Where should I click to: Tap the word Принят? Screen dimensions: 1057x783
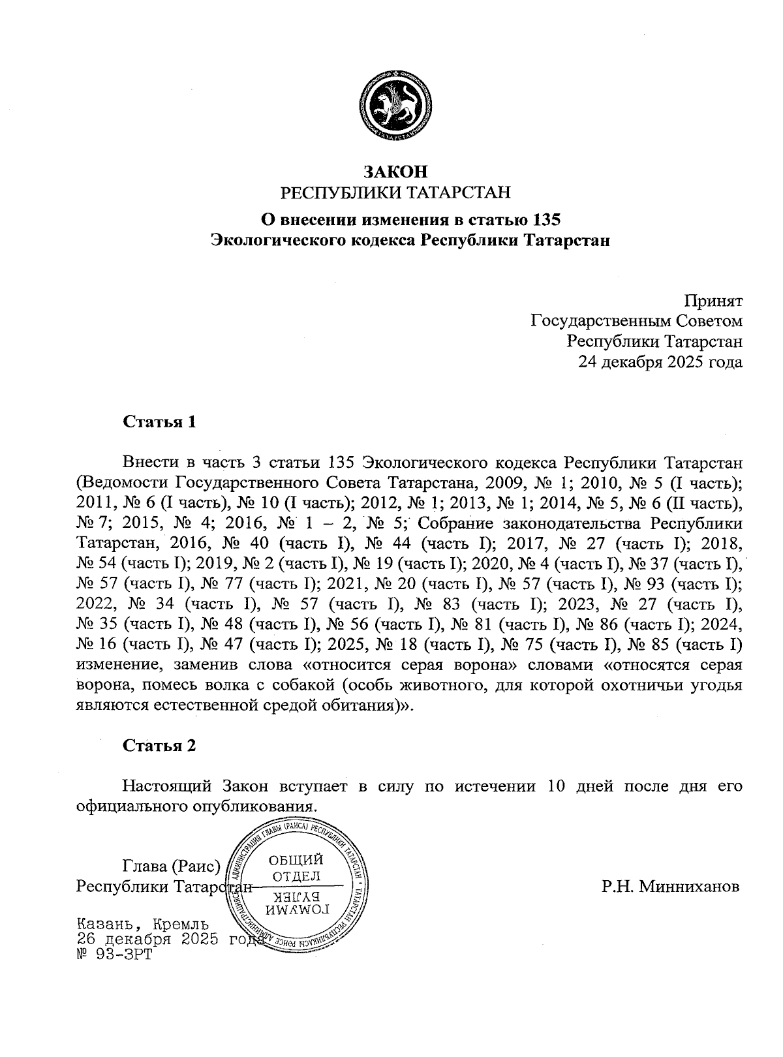(713, 301)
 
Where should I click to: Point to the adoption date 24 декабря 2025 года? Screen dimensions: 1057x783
(660, 361)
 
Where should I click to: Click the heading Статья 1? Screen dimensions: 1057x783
(159, 421)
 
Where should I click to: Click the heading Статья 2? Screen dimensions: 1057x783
(159, 746)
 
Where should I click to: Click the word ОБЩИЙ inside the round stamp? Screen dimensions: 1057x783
(296, 859)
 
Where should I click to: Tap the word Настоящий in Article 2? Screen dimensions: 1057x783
(166, 786)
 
